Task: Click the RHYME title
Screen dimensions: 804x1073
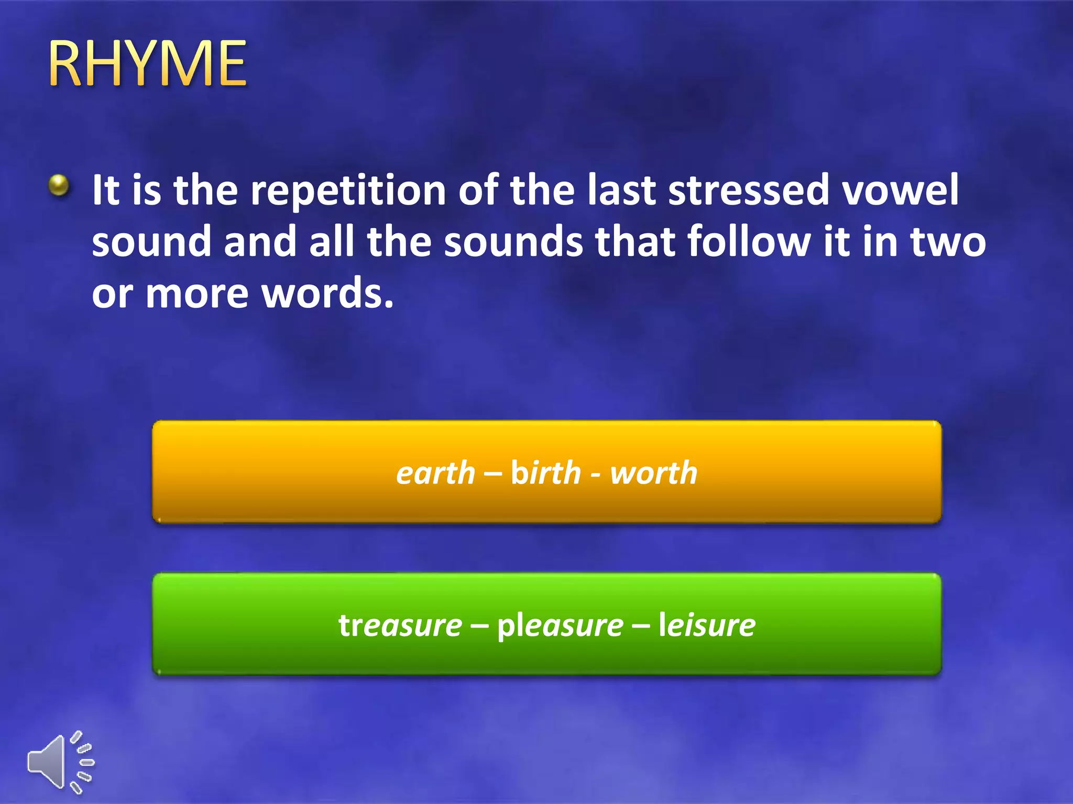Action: (x=147, y=63)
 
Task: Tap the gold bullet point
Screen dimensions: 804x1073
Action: (x=59, y=185)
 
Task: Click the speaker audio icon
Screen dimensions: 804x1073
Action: (x=60, y=762)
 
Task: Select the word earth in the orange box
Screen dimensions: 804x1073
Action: (x=435, y=473)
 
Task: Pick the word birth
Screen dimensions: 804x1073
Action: (x=546, y=473)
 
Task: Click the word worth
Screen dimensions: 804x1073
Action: (x=654, y=473)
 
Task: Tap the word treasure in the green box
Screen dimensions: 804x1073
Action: (x=400, y=625)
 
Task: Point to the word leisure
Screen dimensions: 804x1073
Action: (x=707, y=625)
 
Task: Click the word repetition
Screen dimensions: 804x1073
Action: (x=348, y=191)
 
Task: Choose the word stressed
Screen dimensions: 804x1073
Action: (x=749, y=189)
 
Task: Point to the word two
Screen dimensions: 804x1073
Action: (x=948, y=241)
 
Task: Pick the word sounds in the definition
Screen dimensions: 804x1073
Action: (x=513, y=241)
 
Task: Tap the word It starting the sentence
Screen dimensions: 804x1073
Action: (x=106, y=189)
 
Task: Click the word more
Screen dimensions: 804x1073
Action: (x=197, y=294)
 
